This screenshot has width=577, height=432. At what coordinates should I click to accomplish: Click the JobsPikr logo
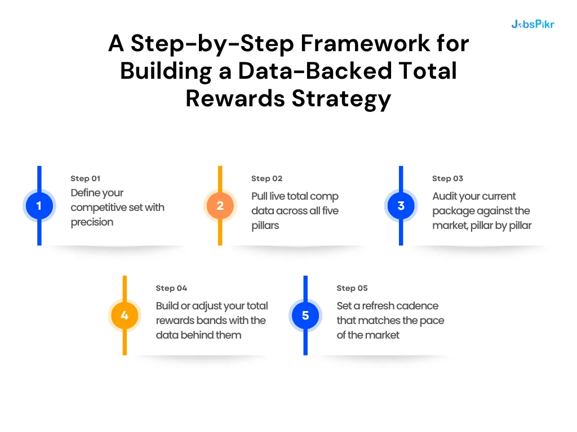coord(532,24)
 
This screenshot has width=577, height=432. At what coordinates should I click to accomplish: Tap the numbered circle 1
coord(39,206)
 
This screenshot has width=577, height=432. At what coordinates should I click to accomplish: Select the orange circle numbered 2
coord(220,206)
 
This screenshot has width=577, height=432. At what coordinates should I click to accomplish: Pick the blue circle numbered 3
coord(401,206)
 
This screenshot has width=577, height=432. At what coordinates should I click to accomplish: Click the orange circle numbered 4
coord(125,316)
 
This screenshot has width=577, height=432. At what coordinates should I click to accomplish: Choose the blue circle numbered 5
coord(305,316)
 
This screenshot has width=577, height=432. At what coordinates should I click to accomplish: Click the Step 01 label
coord(85,178)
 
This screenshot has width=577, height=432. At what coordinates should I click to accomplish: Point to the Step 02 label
coord(267,178)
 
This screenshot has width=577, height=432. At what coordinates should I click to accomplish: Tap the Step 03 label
coord(447,178)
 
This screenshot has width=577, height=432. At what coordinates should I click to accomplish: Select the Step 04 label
coord(171,288)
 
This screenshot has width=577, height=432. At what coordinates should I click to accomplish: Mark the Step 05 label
coord(352,288)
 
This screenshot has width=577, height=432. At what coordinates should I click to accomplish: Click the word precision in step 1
coord(92,222)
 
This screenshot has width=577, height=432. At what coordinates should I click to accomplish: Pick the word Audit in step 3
coord(445,196)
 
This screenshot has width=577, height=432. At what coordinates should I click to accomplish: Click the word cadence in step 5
coord(416,306)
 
